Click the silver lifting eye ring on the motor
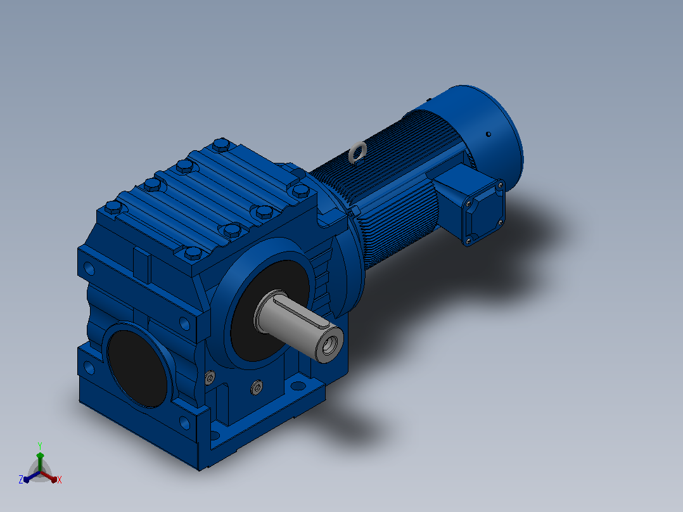click(x=357, y=152)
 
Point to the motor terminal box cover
click(x=484, y=213)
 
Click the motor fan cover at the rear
click(x=483, y=131)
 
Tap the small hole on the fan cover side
click(x=488, y=134)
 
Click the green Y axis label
click(x=40, y=445)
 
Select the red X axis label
click(x=60, y=480)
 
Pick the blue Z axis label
click(x=20, y=479)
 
